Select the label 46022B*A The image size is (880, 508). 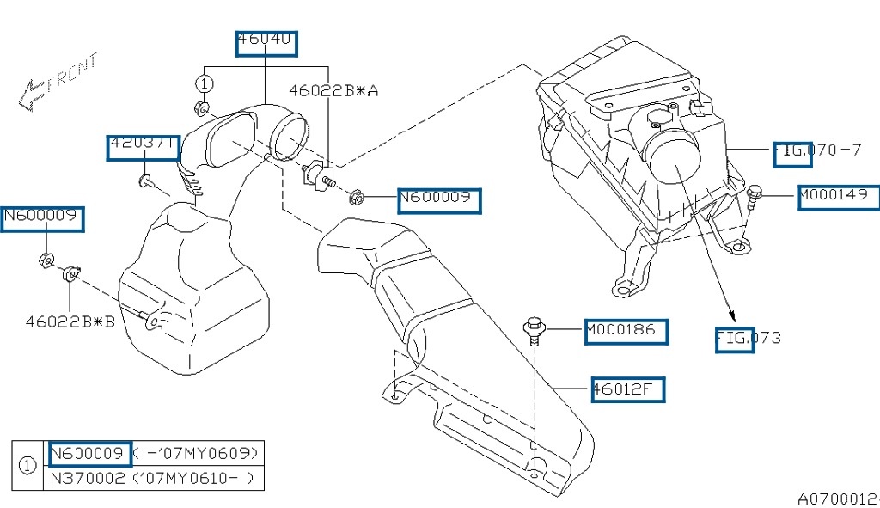(x=333, y=89)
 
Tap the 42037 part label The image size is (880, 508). (x=143, y=147)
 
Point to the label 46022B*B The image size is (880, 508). (x=70, y=321)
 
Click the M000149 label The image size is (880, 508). (x=838, y=197)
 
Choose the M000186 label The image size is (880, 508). (x=625, y=330)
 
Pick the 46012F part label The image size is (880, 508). (x=626, y=389)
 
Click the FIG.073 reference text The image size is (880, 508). (x=749, y=338)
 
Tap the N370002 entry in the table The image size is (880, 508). (x=86, y=478)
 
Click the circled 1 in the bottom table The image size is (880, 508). (x=27, y=465)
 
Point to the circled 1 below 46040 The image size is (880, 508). (x=204, y=83)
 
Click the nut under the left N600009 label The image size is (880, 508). (x=47, y=260)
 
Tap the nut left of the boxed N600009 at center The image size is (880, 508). (x=357, y=199)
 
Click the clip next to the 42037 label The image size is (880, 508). (x=145, y=181)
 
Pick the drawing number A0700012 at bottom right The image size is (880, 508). (x=837, y=498)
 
